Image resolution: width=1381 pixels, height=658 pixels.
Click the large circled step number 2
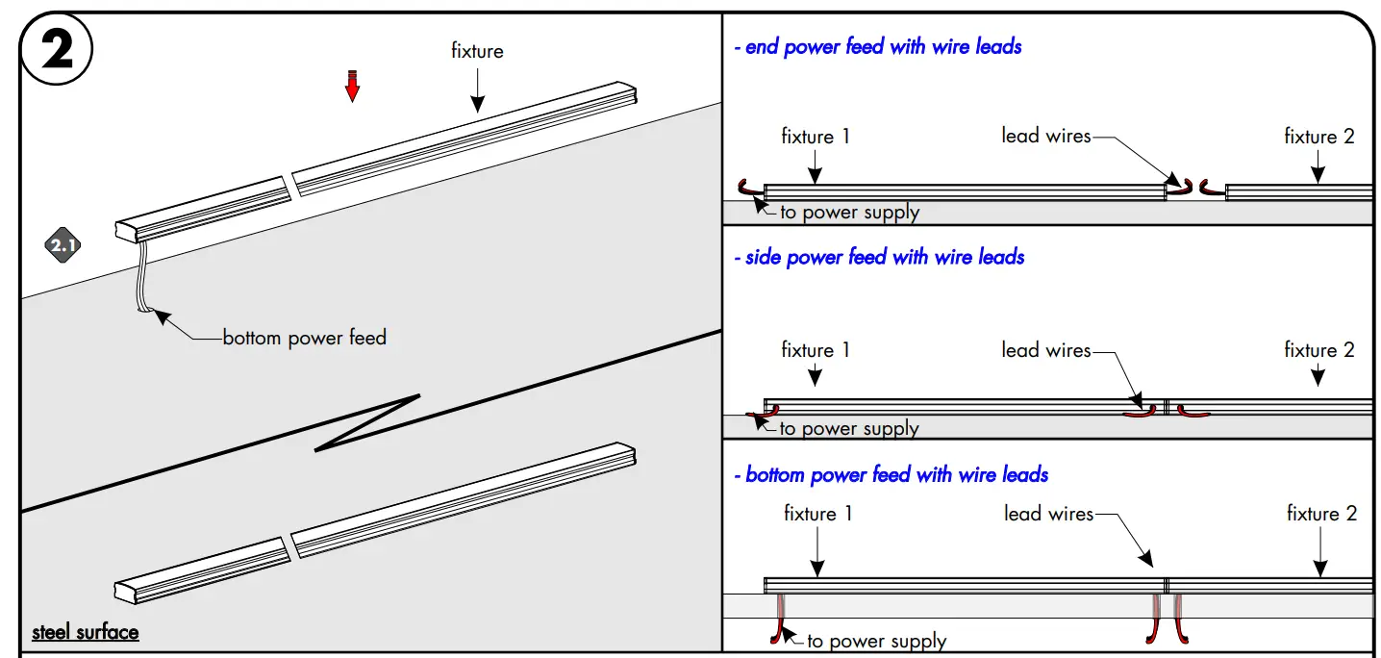click(x=57, y=50)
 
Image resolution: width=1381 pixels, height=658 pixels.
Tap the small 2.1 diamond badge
click(x=63, y=246)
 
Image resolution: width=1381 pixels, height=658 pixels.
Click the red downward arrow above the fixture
click(x=353, y=86)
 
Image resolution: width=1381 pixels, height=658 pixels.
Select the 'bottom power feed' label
click(x=304, y=338)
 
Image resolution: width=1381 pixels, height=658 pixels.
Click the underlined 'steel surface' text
click(x=86, y=633)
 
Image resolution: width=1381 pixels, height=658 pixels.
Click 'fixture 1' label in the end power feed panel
click(x=816, y=137)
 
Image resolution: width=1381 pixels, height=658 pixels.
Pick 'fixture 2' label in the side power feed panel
click(x=1318, y=350)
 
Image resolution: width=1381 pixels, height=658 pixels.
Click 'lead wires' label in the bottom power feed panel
click(x=1048, y=514)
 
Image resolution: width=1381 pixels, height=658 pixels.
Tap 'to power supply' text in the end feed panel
click(x=849, y=213)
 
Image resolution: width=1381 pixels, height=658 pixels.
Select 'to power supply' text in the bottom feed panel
click(x=876, y=641)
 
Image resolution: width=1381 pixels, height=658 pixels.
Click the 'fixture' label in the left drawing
click(x=477, y=51)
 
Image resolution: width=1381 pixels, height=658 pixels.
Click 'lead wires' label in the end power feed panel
click(x=1045, y=137)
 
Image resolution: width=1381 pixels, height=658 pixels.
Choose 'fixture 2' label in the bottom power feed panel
click(x=1321, y=514)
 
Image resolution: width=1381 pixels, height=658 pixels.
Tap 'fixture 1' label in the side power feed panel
click(x=816, y=350)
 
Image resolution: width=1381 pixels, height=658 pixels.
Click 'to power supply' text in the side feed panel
click(x=849, y=428)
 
